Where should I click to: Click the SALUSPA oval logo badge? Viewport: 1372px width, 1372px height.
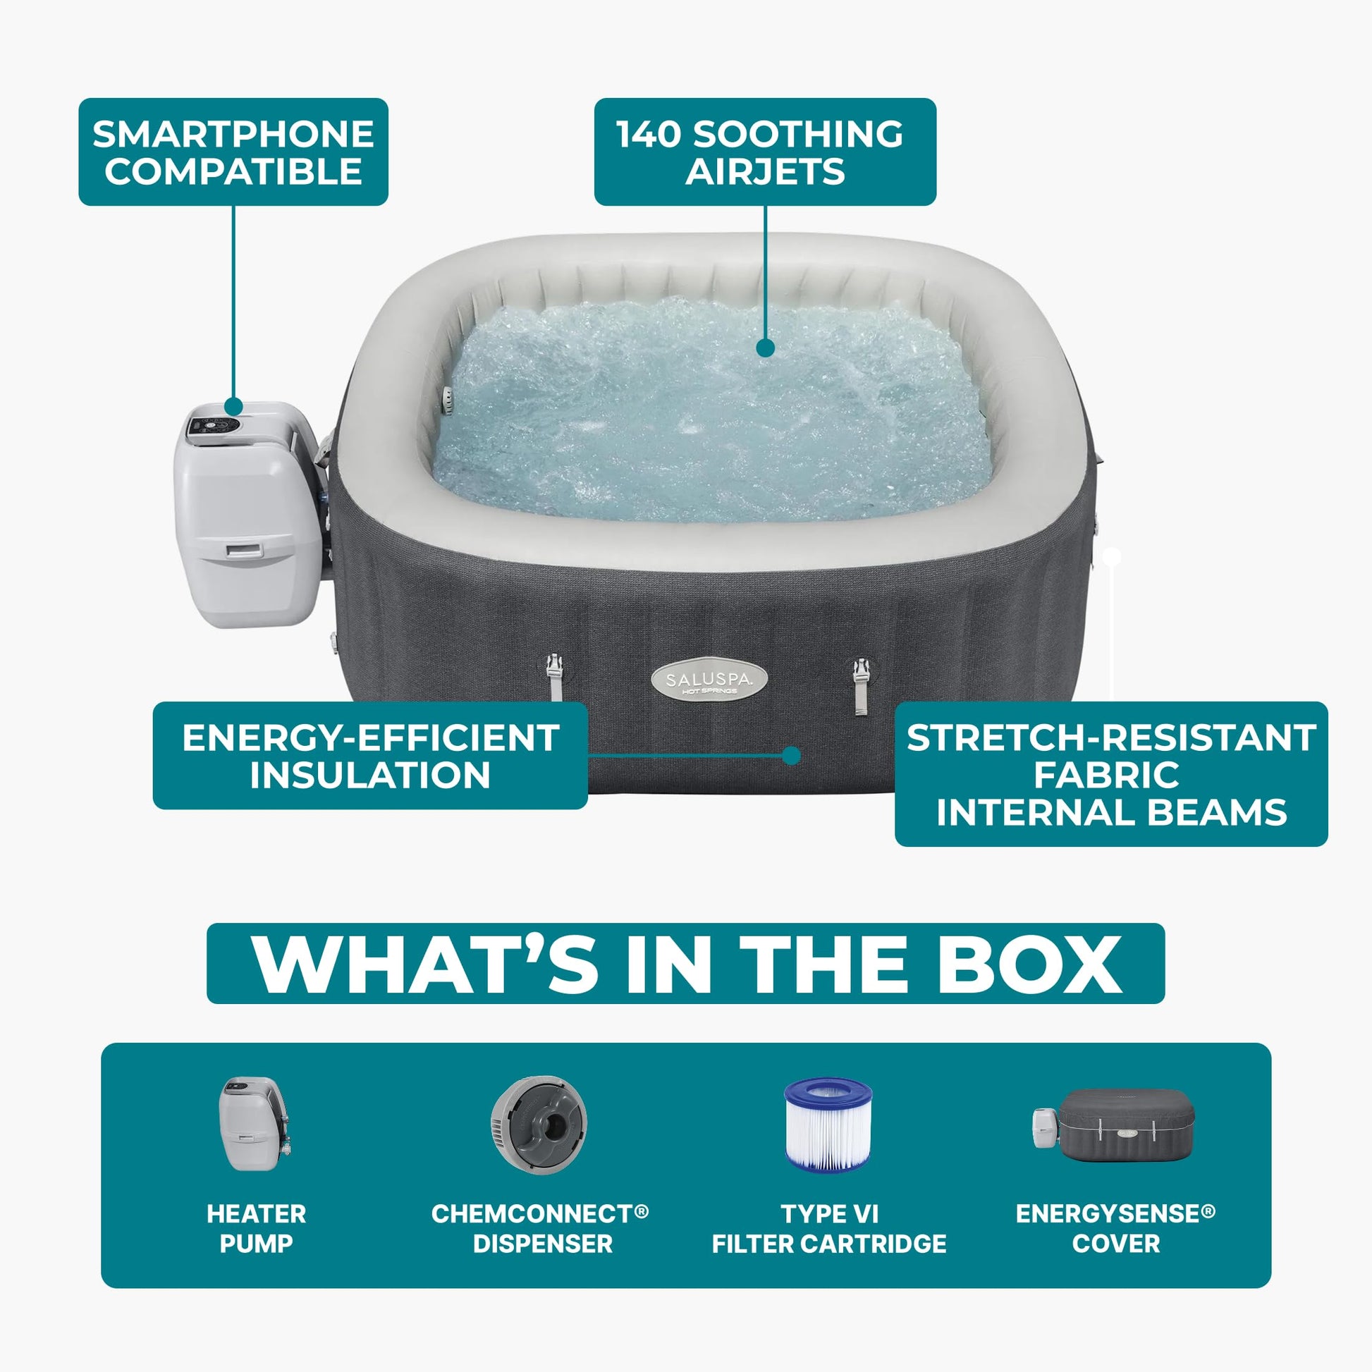click(709, 682)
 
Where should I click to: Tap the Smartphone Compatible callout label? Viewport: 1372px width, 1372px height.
click(233, 152)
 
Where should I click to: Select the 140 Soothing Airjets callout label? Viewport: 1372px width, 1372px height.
click(765, 152)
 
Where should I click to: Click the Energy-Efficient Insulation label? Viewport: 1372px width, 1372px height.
click(370, 756)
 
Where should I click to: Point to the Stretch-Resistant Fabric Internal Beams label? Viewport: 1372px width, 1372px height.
click(1111, 774)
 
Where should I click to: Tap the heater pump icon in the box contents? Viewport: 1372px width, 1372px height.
click(255, 1124)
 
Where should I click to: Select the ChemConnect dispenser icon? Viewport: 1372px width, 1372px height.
click(539, 1124)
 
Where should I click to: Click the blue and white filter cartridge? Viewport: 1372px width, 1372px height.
click(828, 1125)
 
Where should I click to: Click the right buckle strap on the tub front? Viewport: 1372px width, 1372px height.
click(861, 685)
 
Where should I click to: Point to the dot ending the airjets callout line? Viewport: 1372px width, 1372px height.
click(765, 348)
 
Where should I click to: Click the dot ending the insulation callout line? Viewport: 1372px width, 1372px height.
click(791, 755)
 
